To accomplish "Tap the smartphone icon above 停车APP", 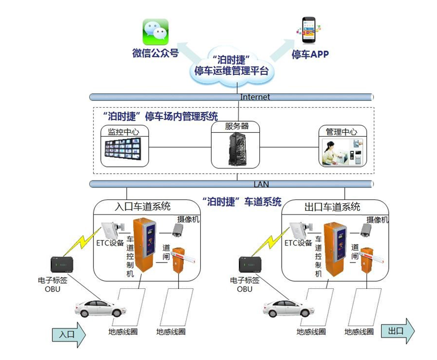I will point(308,31).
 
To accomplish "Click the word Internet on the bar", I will point(255,97).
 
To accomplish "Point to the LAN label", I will point(261,183).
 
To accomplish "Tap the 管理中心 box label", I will point(341,132).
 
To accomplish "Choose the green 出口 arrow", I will point(398,331).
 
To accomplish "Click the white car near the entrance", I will point(101,308).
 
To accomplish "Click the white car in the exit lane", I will point(288,308).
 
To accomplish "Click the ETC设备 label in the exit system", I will point(298,243).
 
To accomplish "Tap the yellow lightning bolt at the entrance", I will point(80,242).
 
